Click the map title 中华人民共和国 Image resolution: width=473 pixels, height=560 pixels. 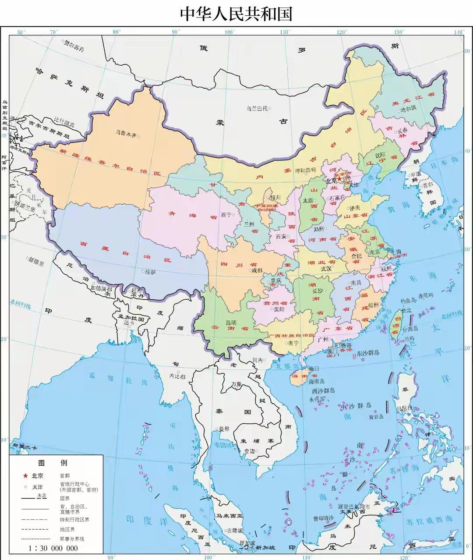coord(236,14)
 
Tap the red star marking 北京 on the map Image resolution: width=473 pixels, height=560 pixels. coord(340,179)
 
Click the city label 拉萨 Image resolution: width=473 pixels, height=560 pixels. coord(150,272)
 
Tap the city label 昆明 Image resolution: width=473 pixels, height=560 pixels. coord(230,323)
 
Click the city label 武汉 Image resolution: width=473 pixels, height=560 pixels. coord(326,269)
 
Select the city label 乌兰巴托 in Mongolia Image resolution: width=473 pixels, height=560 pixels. coord(257,108)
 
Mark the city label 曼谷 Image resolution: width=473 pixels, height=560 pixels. coord(224,429)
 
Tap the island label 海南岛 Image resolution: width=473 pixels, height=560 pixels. coord(317,381)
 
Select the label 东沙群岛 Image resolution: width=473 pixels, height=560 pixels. coord(367,353)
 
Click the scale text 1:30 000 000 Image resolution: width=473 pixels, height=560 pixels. coord(53,548)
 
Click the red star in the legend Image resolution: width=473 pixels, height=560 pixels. coord(25,476)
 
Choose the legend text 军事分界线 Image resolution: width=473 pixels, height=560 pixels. coord(72,539)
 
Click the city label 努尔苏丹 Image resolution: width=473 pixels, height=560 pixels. coord(74,43)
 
